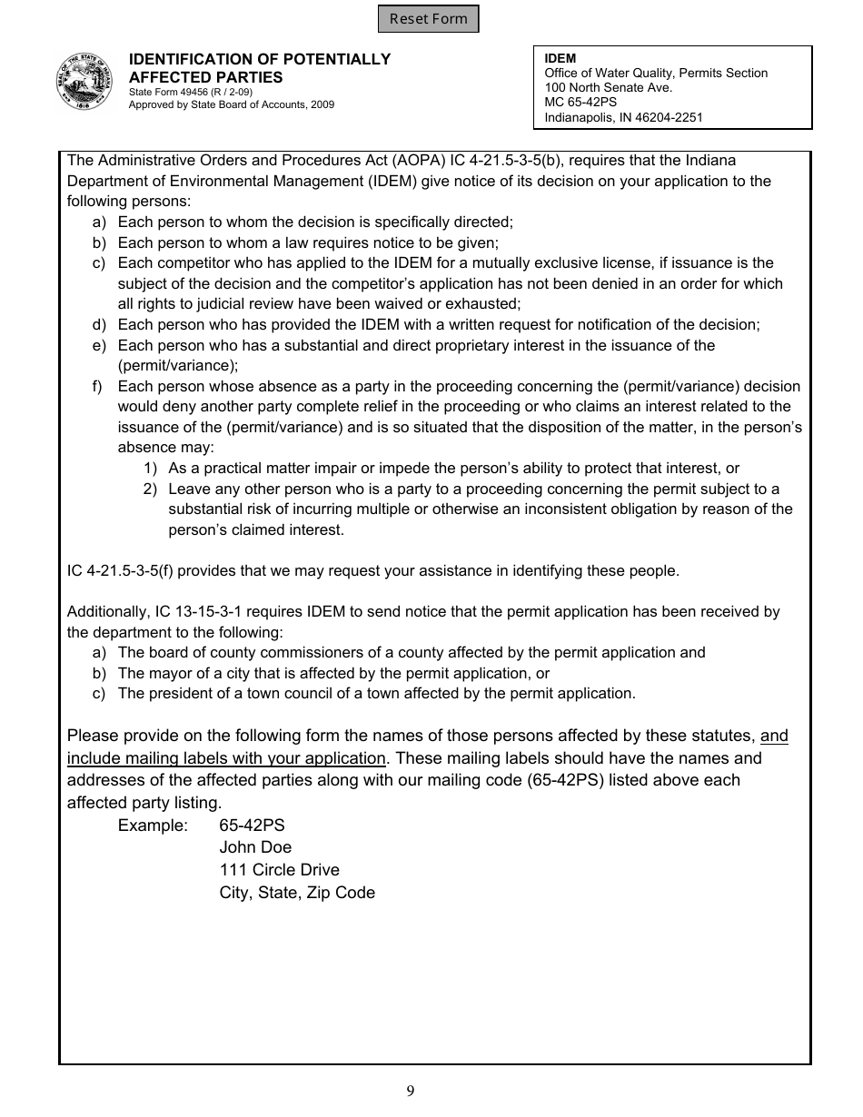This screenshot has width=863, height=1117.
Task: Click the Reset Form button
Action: tap(428, 19)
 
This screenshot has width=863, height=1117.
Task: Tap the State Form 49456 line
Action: tap(191, 92)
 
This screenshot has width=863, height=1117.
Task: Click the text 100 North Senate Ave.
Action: tap(608, 88)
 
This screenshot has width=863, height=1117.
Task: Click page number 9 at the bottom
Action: tap(411, 1092)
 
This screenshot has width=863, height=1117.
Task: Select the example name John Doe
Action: tap(255, 848)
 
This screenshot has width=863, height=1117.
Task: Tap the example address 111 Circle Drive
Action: tap(279, 870)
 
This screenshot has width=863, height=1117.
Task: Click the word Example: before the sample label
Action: tap(153, 826)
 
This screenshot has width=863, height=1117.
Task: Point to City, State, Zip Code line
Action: tap(297, 893)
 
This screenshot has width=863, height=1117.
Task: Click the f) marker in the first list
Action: tap(97, 387)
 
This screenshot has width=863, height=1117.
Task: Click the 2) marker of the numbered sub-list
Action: tap(150, 489)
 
